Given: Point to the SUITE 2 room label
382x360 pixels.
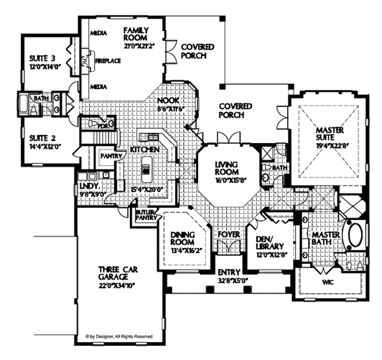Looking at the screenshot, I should (x=39, y=139).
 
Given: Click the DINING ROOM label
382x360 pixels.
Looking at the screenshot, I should (x=185, y=239).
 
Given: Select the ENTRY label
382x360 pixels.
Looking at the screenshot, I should (x=227, y=272).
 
